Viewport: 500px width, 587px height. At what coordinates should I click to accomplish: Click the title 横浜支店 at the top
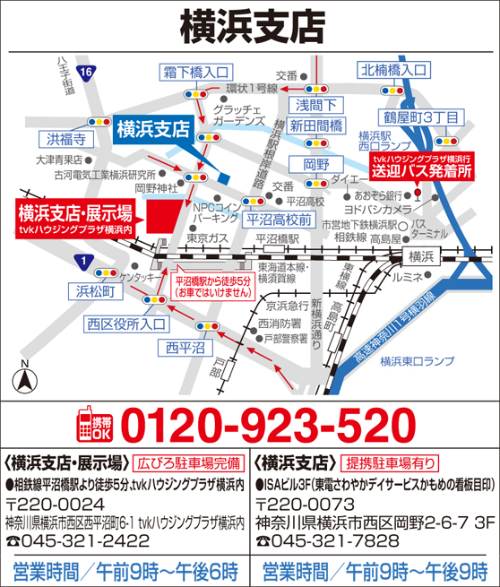point(250,24)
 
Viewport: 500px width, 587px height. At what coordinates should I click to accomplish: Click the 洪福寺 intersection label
point(67,138)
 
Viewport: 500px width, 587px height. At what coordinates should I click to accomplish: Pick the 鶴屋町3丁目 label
point(422,117)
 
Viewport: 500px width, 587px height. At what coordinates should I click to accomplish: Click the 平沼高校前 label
point(279,218)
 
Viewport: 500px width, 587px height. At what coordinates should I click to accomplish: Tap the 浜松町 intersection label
point(95,290)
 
